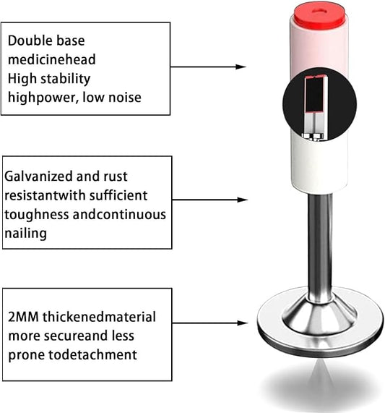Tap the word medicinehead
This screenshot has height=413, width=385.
[51, 59]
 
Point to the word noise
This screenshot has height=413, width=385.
[125, 98]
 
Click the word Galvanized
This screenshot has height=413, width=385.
[38, 176]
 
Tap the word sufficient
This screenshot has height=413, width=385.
[118, 195]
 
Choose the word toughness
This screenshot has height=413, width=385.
[37, 215]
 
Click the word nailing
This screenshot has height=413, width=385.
[26, 234]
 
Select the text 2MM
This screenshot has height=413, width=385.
[23, 317]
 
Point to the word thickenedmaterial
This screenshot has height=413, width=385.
[99, 317]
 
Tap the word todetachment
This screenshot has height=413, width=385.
[92, 354]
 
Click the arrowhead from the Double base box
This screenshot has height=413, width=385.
[241, 67]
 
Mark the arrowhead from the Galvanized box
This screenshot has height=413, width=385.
[242, 200]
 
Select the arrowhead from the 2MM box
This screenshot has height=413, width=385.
[243, 323]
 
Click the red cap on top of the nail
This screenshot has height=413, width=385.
[320, 16]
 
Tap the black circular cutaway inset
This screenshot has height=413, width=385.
[319, 103]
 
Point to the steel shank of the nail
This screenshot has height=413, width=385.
[320, 246]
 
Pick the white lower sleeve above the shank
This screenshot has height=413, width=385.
[319, 163]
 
